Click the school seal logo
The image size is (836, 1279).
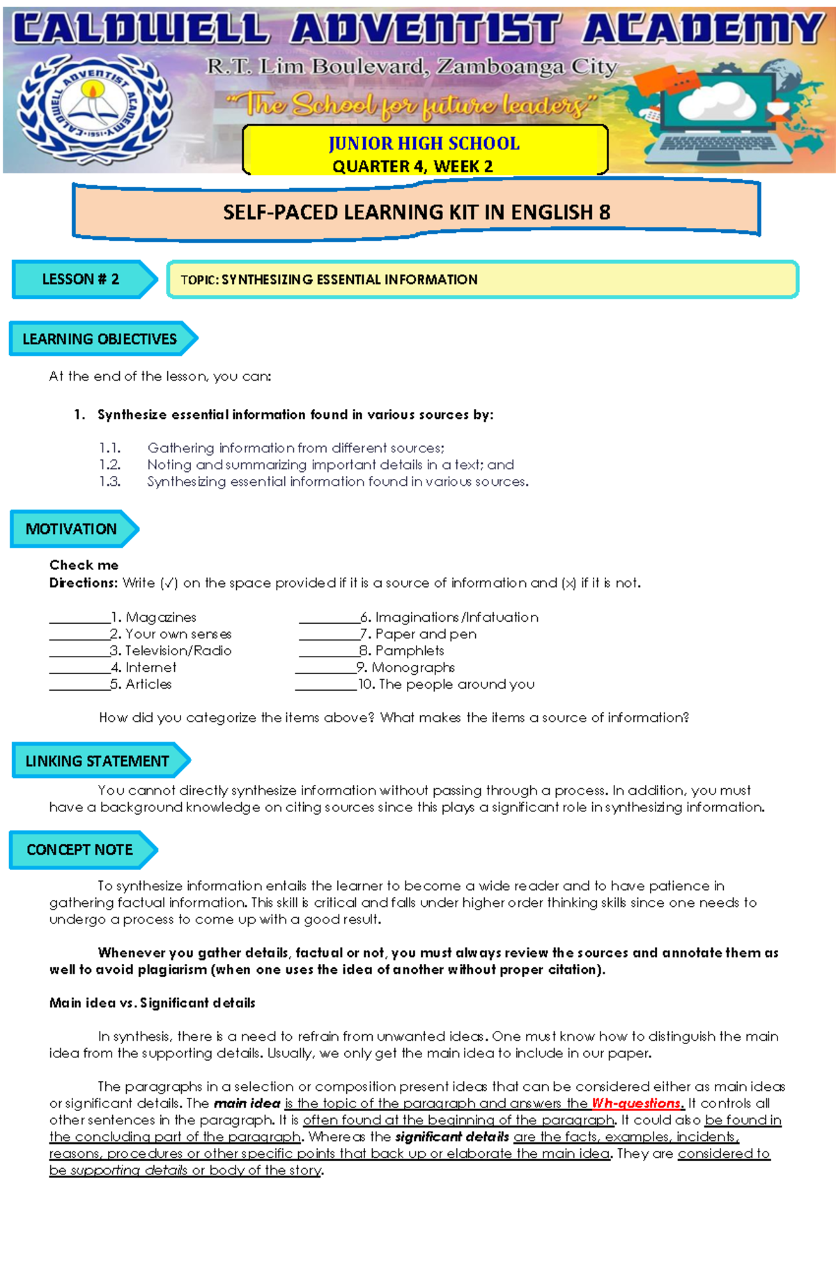(x=93, y=105)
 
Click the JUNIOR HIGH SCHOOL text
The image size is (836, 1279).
(x=424, y=144)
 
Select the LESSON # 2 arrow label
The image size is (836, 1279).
(x=81, y=279)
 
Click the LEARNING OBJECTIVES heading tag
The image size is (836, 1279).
(x=100, y=339)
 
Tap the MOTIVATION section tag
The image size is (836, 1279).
(x=71, y=529)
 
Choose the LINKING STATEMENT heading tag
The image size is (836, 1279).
(x=97, y=761)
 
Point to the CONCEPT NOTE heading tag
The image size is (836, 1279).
(x=79, y=850)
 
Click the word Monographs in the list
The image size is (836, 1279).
(x=413, y=668)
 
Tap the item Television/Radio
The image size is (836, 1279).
(x=178, y=651)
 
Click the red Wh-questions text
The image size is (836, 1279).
(x=636, y=1103)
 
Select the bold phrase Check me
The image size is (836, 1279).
(x=84, y=565)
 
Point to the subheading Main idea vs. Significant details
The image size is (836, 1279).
(x=152, y=1003)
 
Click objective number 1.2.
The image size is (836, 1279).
(x=109, y=465)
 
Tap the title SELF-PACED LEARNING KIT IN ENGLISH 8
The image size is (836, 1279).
(x=416, y=213)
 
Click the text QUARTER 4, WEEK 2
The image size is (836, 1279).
(x=412, y=167)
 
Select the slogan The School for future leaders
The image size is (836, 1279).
(x=411, y=106)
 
